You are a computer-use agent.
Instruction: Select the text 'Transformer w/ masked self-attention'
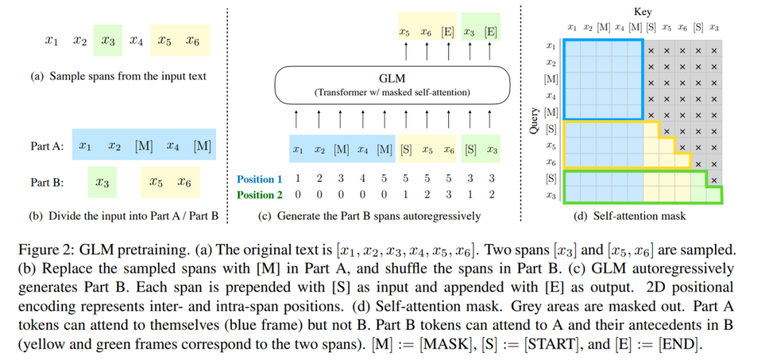[392, 92]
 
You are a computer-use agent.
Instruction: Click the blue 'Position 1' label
[259, 179]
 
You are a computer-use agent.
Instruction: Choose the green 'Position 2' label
[259, 194]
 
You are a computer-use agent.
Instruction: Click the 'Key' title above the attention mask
[643, 11]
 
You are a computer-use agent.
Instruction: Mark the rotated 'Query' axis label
[533, 120]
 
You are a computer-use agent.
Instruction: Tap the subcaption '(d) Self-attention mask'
[630, 216]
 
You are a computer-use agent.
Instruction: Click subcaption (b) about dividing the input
[125, 215]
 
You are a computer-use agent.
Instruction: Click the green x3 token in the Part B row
[102, 183]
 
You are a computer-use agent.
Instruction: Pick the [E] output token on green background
[491, 32]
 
